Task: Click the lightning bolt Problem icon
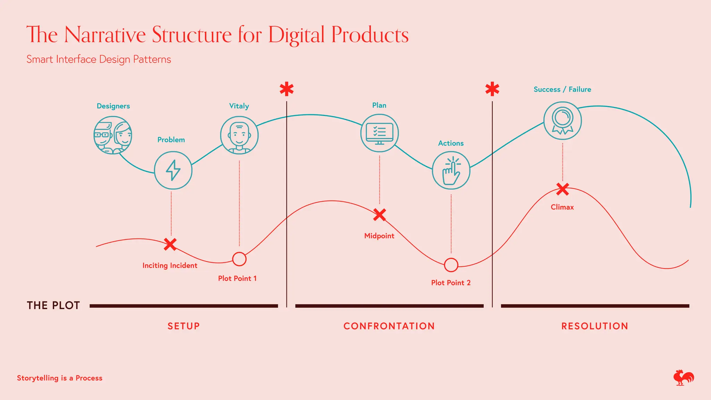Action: (x=173, y=170)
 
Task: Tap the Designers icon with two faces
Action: (x=113, y=135)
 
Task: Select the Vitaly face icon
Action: (x=239, y=135)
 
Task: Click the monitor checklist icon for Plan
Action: (x=379, y=133)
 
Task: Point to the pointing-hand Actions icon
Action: (x=451, y=170)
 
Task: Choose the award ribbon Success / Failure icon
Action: (x=562, y=120)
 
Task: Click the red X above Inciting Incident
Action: (x=170, y=244)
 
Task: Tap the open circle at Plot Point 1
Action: (x=239, y=259)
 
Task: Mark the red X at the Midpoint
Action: (x=379, y=215)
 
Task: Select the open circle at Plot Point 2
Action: (x=451, y=265)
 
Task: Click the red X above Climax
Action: (x=562, y=189)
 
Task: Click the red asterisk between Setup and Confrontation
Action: (x=287, y=89)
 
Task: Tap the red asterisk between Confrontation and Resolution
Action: (x=492, y=89)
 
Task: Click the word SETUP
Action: (x=184, y=326)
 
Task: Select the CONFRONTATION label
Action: (x=389, y=326)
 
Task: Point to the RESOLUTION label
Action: (x=595, y=326)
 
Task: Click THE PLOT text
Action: (x=53, y=306)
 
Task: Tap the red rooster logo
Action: (x=683, y=377)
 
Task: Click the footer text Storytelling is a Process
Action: (x=60, y=378)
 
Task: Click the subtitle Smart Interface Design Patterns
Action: (x=99, y=59)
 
